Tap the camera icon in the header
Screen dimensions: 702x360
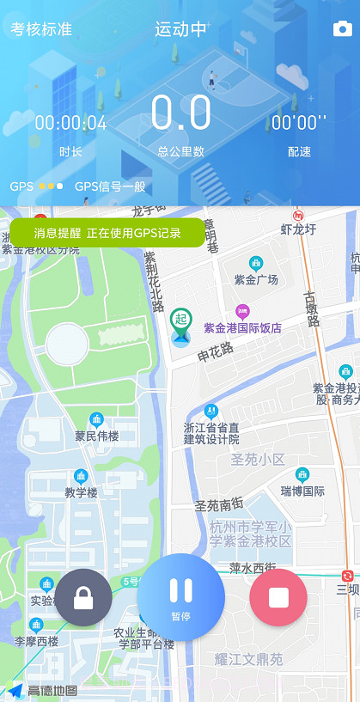(x=342, y=30)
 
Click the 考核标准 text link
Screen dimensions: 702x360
(x=41, y=29)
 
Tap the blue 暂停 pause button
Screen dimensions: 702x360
(x=180, y=596)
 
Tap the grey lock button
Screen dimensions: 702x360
(x=83, y=597)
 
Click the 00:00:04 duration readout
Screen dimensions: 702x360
(x=70, y=124)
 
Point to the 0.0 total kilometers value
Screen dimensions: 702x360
(x=180, y=114)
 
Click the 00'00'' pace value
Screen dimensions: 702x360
(x=299, y=124)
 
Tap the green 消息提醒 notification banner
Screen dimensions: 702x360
(x=107, y=233)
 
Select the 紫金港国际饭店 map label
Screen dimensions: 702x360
(x=242, y=327)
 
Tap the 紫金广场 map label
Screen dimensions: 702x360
(x=256, y=279)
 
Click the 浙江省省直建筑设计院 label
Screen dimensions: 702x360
(x=211, y=432)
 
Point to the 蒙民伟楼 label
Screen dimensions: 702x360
(x=96, y=436)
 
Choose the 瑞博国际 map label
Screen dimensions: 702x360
(x=302, y=491)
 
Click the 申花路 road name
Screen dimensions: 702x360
(x=215, y=353)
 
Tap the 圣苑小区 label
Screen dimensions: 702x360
(x=258, y=460)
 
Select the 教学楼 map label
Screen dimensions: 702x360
(x=81, y=492)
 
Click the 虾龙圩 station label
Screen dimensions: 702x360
(x=299, y=229)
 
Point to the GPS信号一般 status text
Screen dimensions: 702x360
(x=110, y=186)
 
